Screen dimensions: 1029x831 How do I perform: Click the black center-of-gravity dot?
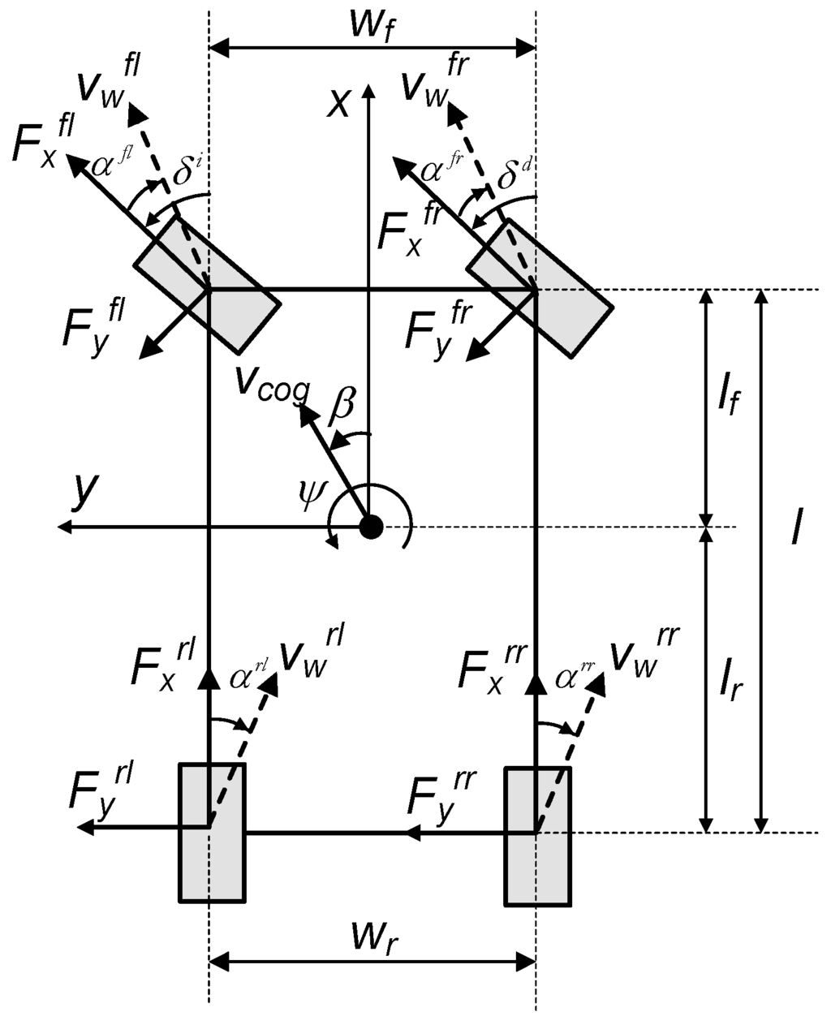(371, 527)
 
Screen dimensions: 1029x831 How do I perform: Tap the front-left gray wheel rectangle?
(207, 285)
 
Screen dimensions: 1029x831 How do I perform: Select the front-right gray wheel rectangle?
(539, 286)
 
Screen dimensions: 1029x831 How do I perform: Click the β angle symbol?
(341, 405)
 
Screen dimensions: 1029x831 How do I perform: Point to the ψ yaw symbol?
(311, 493)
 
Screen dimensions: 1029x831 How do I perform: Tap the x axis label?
(338, 103)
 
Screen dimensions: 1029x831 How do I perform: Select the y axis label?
(84, 490)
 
